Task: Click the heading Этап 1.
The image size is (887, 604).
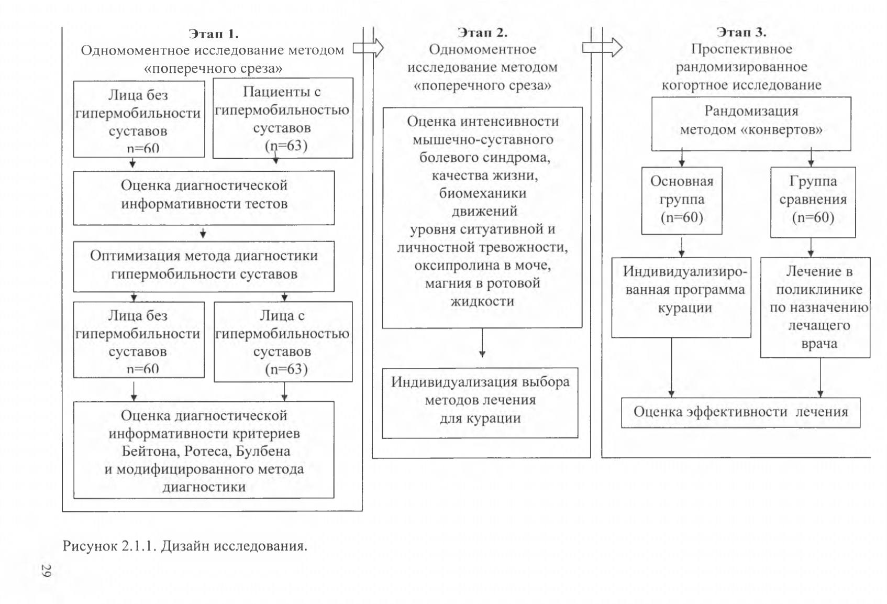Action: (x=214, y=34)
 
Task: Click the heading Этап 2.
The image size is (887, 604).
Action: (x=482, y=32)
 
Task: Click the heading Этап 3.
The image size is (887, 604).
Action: (x=741, y=32)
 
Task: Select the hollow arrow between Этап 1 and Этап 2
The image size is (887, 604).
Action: (x=368, y=48)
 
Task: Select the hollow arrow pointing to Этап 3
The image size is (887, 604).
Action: (x=602, y=48)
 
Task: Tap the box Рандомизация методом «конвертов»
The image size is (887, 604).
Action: (x=751, y=124)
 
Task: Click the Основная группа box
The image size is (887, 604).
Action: (x=682, y=201)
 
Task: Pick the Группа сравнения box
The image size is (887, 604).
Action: (x=813, y=202)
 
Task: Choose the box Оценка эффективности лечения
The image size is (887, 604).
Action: (x=740, y=412)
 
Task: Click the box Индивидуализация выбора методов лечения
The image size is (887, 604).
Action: (x=480, y=403)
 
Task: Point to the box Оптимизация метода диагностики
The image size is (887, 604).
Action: (x=204, y=267)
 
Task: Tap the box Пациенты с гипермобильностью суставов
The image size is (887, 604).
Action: (x=283, y=118)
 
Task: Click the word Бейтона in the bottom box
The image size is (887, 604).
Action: (x=150, y=451)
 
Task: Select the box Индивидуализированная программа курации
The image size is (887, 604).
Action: (x=681, y=298)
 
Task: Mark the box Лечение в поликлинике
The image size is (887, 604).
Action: (x=815, y=308)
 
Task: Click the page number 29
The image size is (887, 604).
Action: (x=46, y=570)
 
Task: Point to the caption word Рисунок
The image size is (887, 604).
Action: (x=90, y=546)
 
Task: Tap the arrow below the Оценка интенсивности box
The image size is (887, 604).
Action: (x=482, y=343)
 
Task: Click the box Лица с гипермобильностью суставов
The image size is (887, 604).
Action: (x=283, y=342)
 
